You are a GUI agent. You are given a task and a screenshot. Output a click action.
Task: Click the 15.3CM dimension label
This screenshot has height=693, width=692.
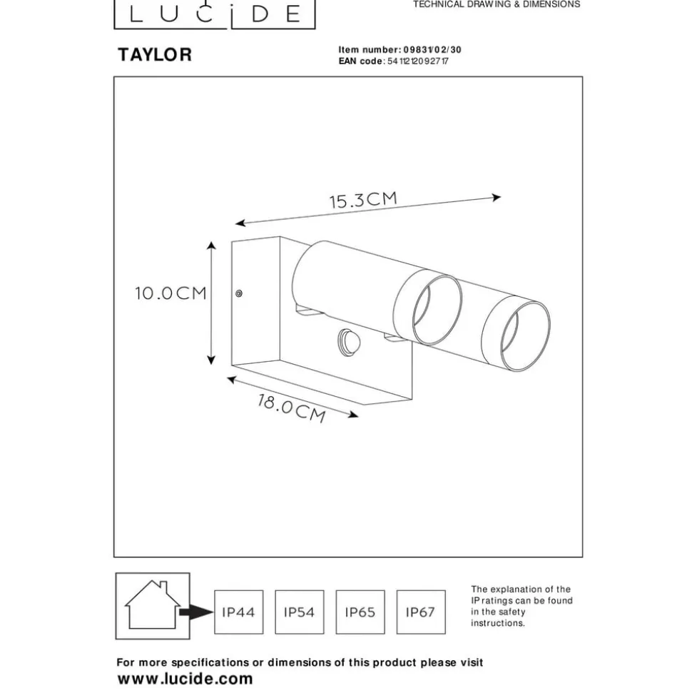tap(362, 200)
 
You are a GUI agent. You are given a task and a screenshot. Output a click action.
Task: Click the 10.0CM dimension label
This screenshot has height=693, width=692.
tap(171, 293)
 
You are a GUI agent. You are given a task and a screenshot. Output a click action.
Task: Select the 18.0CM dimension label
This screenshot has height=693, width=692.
tap(292, 408)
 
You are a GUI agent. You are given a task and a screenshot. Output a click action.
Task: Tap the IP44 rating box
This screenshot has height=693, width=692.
tap(238, 612)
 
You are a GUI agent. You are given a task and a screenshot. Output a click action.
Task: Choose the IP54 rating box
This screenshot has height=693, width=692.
tap(299, 612)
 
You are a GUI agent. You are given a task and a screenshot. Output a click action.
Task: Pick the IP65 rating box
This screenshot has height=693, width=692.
tap(360, 612)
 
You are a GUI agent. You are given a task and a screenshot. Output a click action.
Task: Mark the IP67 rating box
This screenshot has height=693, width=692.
tap(420, 612)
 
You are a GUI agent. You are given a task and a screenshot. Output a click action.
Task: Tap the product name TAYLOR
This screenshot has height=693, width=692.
tap(155, 56)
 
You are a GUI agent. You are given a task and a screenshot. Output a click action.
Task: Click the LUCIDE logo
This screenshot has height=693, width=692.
tap(215, 14)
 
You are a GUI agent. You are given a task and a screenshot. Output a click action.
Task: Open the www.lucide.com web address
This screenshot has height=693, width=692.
tap(185, 679)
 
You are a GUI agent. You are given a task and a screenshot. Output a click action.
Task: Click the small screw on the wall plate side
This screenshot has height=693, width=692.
tap(239, 293)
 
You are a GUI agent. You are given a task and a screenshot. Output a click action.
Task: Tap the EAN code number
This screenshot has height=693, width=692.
tap(417, 61)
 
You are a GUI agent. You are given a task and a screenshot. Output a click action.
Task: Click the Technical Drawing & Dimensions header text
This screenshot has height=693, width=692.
tap(497, 4)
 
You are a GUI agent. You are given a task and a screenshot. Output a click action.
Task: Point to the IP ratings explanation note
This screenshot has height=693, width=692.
tap(521, 607)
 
